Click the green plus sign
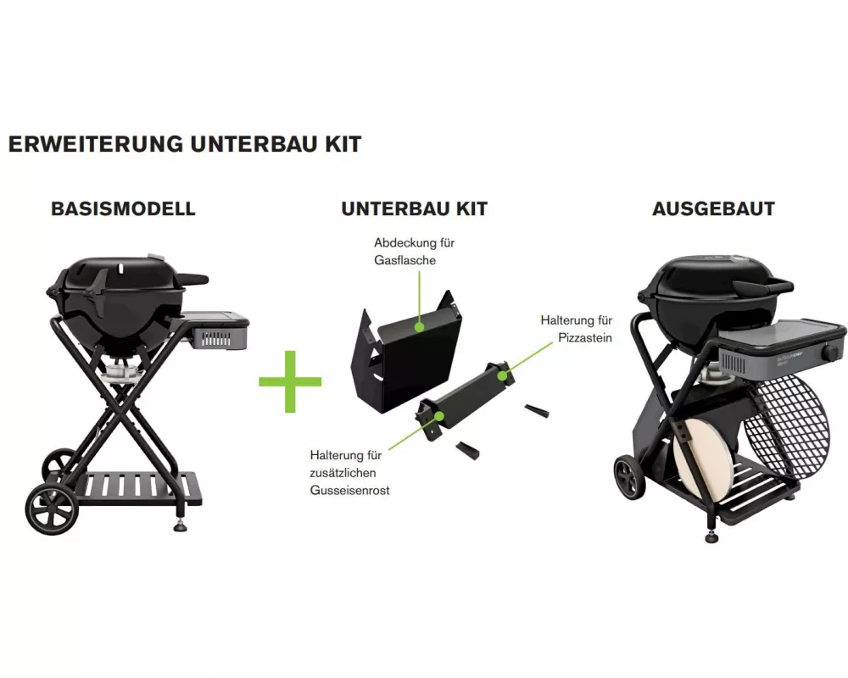click(290, 381)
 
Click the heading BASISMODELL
click(123, 209)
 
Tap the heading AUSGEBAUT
click(713, 209)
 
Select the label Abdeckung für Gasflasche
click(415, 252)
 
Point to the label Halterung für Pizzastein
click(577, 329)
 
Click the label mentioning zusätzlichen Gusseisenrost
click(350, 473)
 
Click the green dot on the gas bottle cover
click(418, 327)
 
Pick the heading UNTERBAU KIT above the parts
click(415, 209)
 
